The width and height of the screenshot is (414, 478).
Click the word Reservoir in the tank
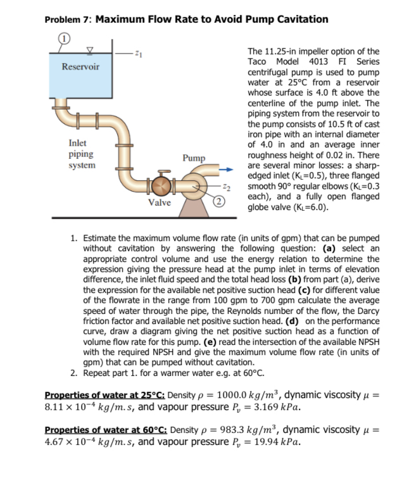[x=80, y=66]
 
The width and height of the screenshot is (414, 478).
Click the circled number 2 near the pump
[x=218, y=201]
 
